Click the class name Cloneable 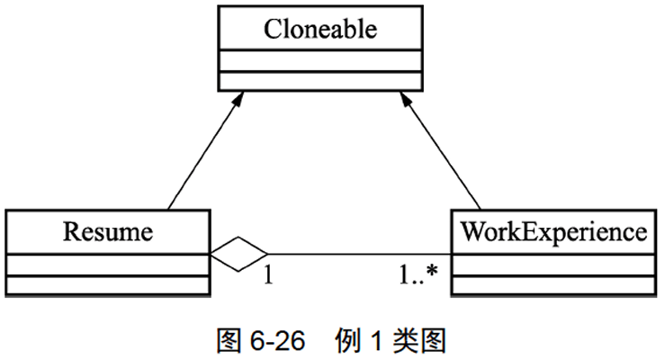pyautogui.click(x=319, y=29)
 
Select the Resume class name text pyautogui.click(x=108, y=231)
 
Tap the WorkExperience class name pyautogui.click(x=553, y=231)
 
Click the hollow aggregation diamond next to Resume pyautogui.click(x=239, y=254)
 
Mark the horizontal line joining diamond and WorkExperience pyautogui.click(x=360, y=254)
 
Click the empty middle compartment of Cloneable pyautogui.click(x=319, y=60)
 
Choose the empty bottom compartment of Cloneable pyautogui.click(x=319, y=80)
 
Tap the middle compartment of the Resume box pyautogui.click(x=108, y=265)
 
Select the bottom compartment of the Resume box pyautogui.click(x=108, y=286)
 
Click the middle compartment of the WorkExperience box pyautogui.click(x=553, y=265)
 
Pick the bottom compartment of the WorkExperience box pyautogui.click(x=553, y=286)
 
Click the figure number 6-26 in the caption pyautogui.click(x=274, y=341)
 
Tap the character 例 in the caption pyautogui.click(x=346, y=341)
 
